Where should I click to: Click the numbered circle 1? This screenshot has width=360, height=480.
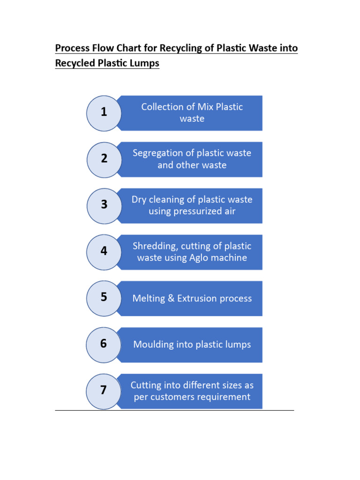click(x=104, y=112)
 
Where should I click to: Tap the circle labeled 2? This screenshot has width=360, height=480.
click(x=104, y=159)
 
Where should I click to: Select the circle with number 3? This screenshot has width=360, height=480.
click(x=104, y=205)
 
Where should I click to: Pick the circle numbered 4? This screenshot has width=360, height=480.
click(x=104, y=251)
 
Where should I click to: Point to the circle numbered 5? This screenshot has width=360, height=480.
click(x=104, y=297)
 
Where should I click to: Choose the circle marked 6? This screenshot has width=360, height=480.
click(x=104, y=344)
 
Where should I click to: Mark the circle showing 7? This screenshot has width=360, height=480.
click(x=104, y=390)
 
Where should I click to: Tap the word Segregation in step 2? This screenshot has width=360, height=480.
click(x=157, y=153)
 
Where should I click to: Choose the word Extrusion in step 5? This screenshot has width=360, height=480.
click(x=197, y=299)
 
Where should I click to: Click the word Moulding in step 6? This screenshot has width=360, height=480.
click(x=154, y=345)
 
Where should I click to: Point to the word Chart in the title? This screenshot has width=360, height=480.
click(x=135, y=48)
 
